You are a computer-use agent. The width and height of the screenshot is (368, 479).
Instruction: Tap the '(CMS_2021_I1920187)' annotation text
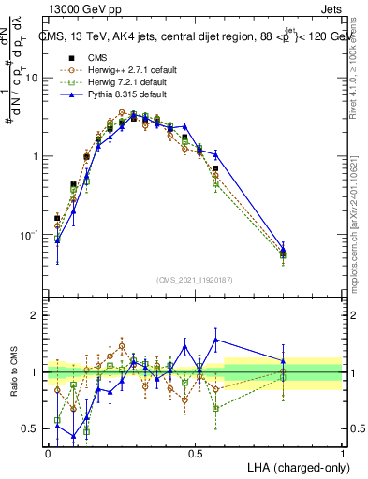click(x=195, y=278)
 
